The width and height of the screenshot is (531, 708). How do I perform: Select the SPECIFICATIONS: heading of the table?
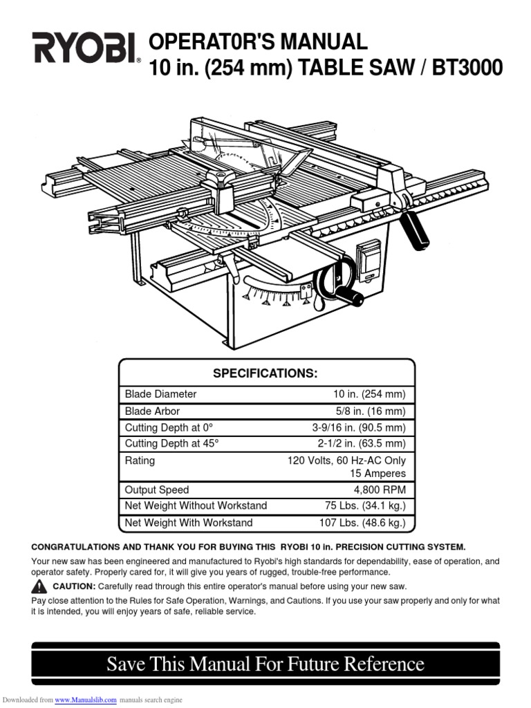click(x=265, y=373)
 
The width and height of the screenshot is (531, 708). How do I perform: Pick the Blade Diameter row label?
click(x=160, y=394)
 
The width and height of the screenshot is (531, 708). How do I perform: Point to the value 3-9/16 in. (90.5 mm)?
click(x=358, y=427)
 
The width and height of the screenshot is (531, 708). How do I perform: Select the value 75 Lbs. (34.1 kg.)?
click(x=365, y=506)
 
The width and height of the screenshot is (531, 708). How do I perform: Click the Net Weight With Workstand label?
click(x=189, y=523)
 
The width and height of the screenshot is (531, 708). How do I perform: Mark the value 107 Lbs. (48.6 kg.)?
click(x=362, y=523)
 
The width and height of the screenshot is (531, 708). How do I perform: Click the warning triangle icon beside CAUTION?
click(x=39, y=586)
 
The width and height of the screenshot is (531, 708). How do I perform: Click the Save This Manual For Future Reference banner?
click(x=265, y=664)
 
